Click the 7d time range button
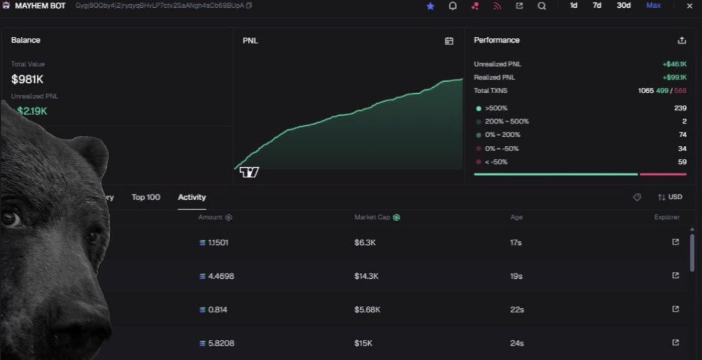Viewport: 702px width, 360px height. click(x=597, y=5)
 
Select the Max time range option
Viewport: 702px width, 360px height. click(x=653, y=5)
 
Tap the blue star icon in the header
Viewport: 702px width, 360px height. click(x=430, y=6)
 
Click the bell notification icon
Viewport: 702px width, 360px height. click(x=452, y=6)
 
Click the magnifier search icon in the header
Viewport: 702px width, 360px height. click(x=542, y=6)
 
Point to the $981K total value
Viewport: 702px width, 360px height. click(x=27, y=79)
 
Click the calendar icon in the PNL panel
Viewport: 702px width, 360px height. click(x=449, y=41)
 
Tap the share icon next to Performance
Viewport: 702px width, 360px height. click(x=682, y=40)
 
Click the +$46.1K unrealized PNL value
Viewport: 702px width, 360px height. click(x=674, y=64)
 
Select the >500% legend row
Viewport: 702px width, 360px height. click(x=496, y=109)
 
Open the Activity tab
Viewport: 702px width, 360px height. click(x=192, y=197)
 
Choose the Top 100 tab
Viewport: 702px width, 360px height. click(x=146, y=197)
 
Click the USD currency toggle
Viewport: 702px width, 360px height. click(x=670, y=197)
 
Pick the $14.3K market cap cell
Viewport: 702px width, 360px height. click(x=366, y=276)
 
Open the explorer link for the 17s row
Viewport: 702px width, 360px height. click(x=675, y=242)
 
